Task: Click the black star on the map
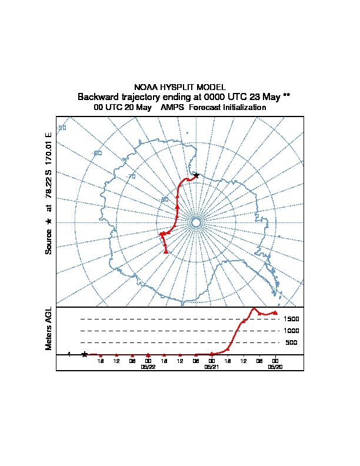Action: pos(196,175)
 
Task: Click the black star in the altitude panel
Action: pos(84,354)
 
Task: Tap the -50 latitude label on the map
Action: pos(62,128)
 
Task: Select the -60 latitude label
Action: pos(98,153)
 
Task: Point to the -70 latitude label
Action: pos(132,177)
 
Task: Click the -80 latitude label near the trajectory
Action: pos(165,200)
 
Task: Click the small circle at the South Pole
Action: pos(196,222)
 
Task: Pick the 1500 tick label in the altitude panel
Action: pos(291,319)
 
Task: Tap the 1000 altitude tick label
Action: pos(291,331)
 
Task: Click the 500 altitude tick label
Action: pos(291,342)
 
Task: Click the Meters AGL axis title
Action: pos(49,328)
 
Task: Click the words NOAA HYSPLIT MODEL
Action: pos(179,87)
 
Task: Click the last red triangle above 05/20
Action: pos(275,312)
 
